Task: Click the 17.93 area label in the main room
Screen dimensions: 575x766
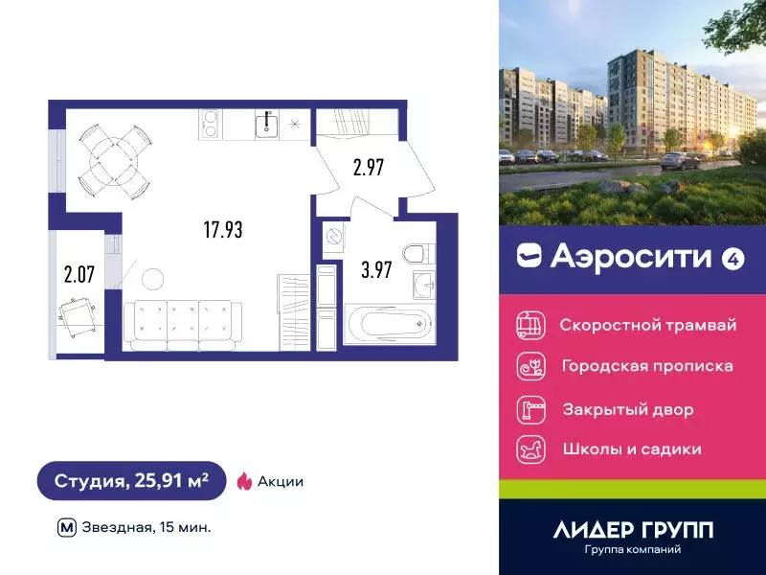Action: click(222, 230)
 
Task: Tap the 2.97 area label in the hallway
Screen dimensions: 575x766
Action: click(368, 169)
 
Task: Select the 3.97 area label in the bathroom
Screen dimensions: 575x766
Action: click(375, 269)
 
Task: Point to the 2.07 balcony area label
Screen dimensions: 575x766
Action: click(79, 278)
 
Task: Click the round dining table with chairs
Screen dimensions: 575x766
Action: click(113, 158)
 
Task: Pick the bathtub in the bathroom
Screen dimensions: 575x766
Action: click(389, 326)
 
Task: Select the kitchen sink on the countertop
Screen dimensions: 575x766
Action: click(267, 124)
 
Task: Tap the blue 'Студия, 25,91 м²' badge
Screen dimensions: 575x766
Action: click(131, 481)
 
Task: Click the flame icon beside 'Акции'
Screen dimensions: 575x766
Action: click(244, 481)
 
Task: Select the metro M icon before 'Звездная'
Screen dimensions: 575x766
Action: click(67, 527)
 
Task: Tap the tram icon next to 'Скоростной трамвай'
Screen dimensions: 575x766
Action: click(529, 325)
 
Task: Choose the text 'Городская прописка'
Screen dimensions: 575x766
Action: click(647, 366)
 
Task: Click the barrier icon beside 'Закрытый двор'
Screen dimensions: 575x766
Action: click(529, 409)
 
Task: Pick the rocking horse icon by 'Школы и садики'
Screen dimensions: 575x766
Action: click(529, 449)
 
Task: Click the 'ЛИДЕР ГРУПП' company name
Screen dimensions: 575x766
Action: click(633, 529)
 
